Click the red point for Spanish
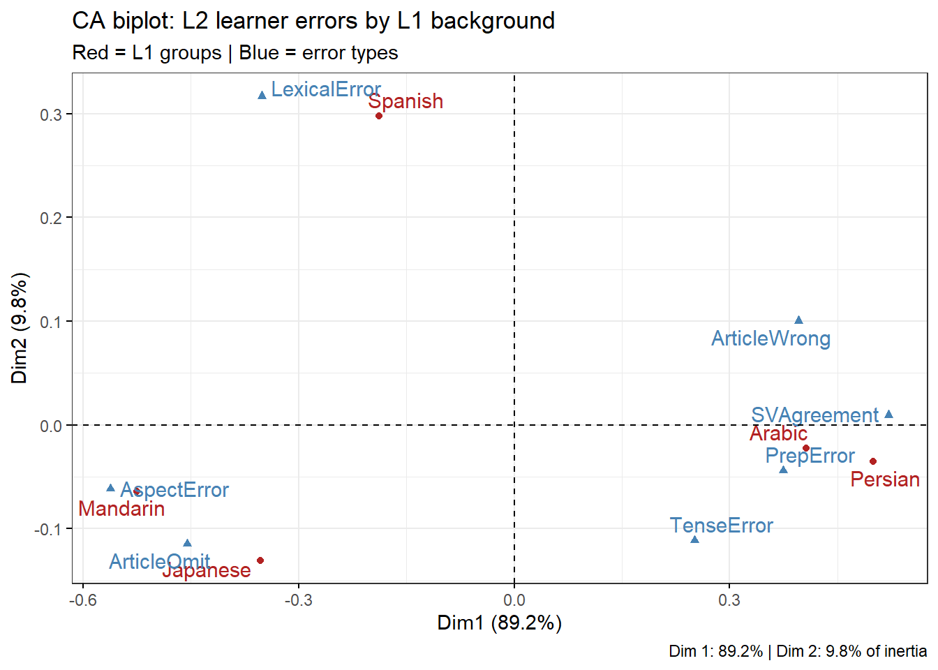pos(379,116)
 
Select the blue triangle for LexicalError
pos(262,95)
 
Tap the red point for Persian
pos(873,461)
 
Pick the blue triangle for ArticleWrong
pos(799,320)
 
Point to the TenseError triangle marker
pos(694,539)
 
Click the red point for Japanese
pos(260,560)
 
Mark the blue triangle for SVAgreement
pos(888,415)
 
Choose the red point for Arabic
pos(806,448)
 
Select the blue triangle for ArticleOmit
pos(187,543)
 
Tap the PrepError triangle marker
pos(783,470)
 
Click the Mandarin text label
pos(121,509)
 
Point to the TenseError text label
pos(722,526)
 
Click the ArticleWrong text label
pos(770,338)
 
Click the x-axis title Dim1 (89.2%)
pos(500,623)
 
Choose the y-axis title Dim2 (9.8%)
pos(20,328)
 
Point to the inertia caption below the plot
pos(798,651)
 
